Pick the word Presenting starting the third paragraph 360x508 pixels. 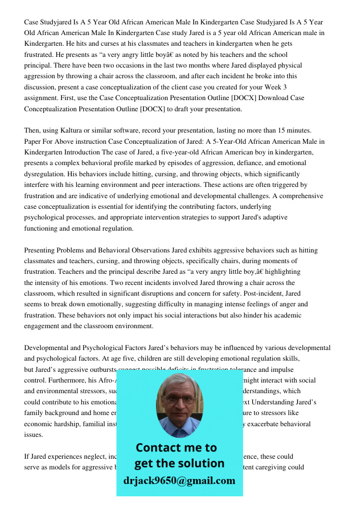(x=41, y=250)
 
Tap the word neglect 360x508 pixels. (x=101, y=457)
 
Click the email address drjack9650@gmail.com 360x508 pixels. (x=179, y=481)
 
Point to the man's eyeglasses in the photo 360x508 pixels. (x=179, y=399)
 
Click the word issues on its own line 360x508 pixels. (x=34, y=435)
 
